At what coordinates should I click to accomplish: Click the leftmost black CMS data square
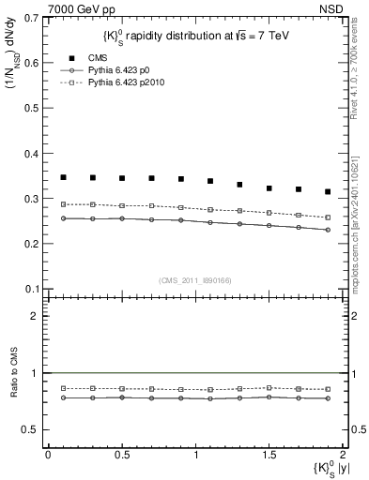point(63,177)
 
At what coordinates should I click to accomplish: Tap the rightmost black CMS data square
point(328,191)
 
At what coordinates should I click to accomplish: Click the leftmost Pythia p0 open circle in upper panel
point(63,218)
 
